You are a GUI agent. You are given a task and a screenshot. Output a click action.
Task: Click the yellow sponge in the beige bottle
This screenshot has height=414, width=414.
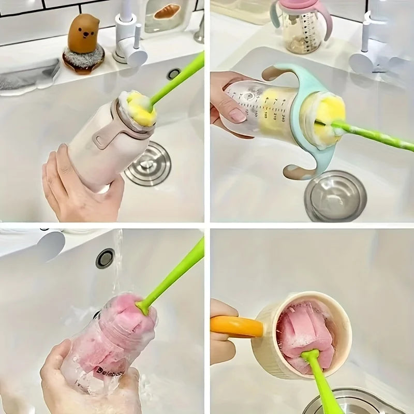coord(139,108)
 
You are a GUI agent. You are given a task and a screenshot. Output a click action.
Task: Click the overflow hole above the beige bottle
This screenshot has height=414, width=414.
coord(174,74)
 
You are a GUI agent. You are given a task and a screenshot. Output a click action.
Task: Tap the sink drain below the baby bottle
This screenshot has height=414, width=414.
coord(335,196)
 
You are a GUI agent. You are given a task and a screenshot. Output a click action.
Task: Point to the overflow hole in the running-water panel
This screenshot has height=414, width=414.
coord(105,258)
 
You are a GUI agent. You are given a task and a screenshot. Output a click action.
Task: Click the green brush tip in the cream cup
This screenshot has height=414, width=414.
coord(310,357)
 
